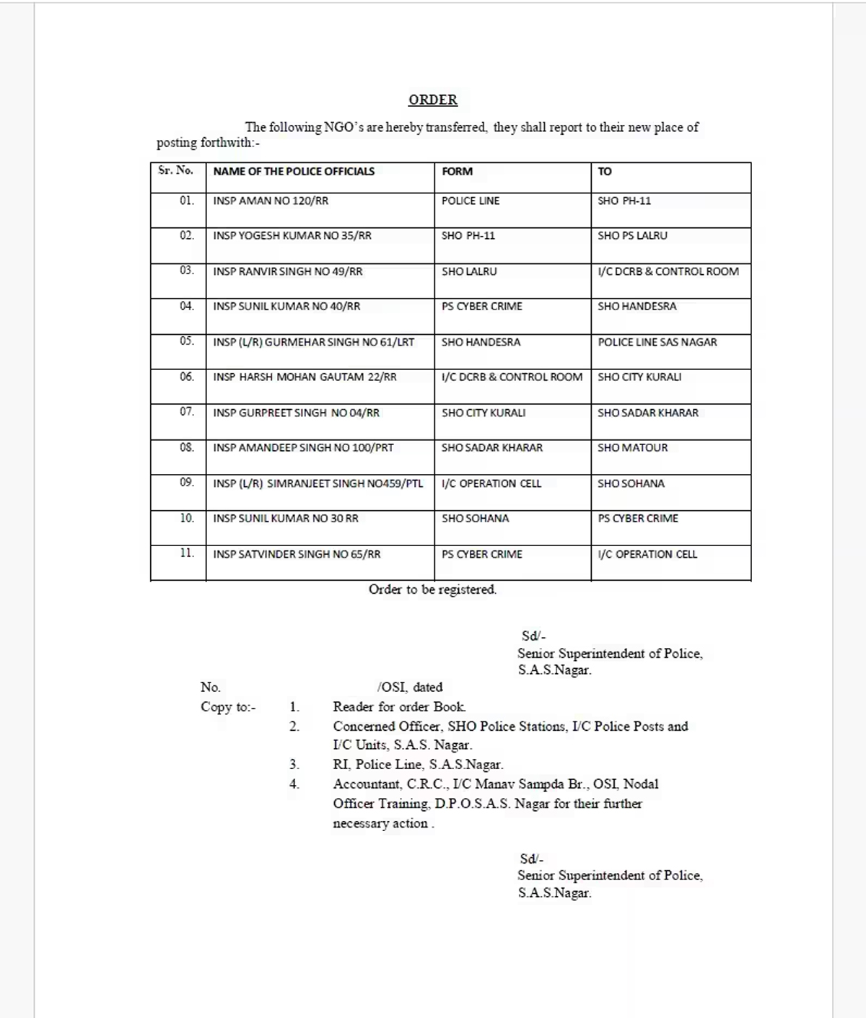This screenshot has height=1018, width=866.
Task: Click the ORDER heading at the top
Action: pyautogui.click(x=432, y=100)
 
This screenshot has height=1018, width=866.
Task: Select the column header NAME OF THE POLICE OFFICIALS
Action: pyautogui.click(x=294, y=172)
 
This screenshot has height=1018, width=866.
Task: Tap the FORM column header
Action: pyautogui.click(x=457, y=172)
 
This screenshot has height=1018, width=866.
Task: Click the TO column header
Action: pyautogui.click(x=605, y=172)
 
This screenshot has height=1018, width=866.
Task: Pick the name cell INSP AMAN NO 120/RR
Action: pyautogui.click(x=271, y=201)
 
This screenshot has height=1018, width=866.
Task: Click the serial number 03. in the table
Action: pyautogui.click(x=187, y=271)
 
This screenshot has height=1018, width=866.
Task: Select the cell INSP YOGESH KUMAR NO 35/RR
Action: pyautogui.click(x=292, y=236)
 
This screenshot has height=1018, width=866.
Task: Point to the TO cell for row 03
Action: pyautogui.click(x=668, y=271)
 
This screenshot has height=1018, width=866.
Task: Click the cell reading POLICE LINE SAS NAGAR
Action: pyautogui.click(x=657, y=342)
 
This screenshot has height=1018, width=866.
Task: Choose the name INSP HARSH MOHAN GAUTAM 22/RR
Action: pyautogui.click(x=305, y=377)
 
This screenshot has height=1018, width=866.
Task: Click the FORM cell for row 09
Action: pyautogui.click(x=491, y=483)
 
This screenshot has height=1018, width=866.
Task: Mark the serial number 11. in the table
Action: pyautogui.click(x=187, y=553)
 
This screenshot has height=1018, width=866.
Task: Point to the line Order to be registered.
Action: pyautogui.click(x=432, y=589)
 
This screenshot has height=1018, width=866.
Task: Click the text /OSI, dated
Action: pyautogui.click(x=410, y=687)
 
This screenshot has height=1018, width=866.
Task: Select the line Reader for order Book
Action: pyautogui.click(x=399, y=707)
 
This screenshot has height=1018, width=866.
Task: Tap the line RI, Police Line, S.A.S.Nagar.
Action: pyautogui.click(x=418, y=764)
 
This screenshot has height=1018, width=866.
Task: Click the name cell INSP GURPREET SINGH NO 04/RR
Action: pyautogui.click(x=296, y=413)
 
